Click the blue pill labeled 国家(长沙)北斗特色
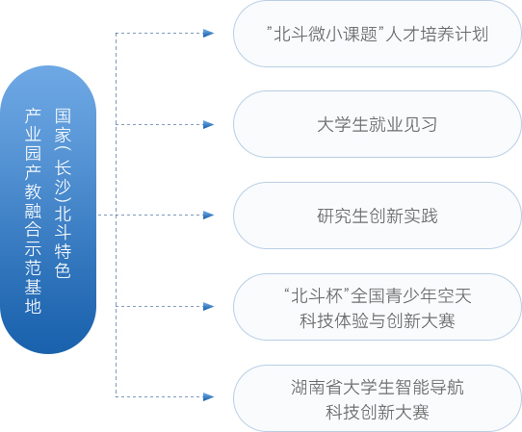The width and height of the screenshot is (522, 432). [48, 210]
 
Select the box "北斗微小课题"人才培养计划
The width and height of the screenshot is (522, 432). [378, 34]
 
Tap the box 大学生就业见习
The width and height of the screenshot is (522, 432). [378, 124]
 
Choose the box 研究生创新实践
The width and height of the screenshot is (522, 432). [378, 216]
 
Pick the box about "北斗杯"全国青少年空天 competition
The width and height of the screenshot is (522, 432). [378, 307]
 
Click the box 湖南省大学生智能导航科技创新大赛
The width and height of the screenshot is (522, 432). [378, 397]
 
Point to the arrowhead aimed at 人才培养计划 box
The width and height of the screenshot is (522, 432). [208, 34]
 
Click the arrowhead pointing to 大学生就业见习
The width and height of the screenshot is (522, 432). [208, 125]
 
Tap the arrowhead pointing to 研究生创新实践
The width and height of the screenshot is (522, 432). [208, 216]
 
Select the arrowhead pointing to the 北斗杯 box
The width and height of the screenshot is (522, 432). [208, 306]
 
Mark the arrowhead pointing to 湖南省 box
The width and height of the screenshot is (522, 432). [208, 396]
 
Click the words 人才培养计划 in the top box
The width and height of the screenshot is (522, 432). [437, 34]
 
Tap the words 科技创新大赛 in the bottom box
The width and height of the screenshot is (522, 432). [378, 413]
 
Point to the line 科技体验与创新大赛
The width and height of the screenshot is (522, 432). [378, 321]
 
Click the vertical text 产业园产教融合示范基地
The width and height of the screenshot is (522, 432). [33, 211]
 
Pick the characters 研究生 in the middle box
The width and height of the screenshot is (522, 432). [343, 216]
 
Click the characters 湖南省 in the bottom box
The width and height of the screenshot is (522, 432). [317, 388]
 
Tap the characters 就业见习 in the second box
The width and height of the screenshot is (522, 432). [404, 125]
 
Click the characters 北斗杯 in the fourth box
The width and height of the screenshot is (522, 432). [317, 295]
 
